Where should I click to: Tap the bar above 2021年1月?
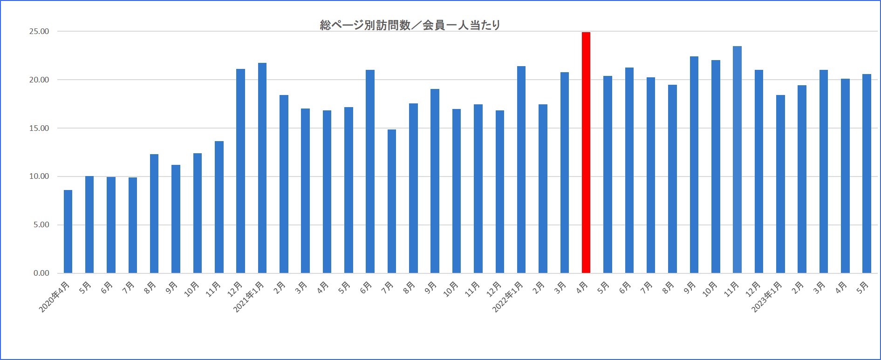pyautogui.click(x=262, y=168)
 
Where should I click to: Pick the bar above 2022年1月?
pyautogui.click(x=521, y=170)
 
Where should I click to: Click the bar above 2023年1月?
pyautogui.click(x=780, y=184)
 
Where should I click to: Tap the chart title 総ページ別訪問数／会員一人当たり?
pyautogui.click(x=410, y=25)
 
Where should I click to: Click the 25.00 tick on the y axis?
pyautogui.click(x=39, y=32)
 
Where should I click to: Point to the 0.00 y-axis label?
pyautogui.click(x=41, y=273)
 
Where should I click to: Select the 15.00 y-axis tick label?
pyautogui.click(x=39, y=129)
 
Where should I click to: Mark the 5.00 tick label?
pyautogui.click(x=41, y=225)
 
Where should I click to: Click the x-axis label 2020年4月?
pyautogui.click(x=55, y=297)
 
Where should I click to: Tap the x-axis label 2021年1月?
pyautogui.click(x=249, y=297)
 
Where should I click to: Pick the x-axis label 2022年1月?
pyautogui.click(x=508, y=297)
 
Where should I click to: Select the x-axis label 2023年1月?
pyautogui.click(x=767, y=297)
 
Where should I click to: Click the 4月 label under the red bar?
pyautogui.click(x=582, y=288)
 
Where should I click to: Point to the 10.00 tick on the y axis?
pyautogui.click(x=39, y=177)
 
